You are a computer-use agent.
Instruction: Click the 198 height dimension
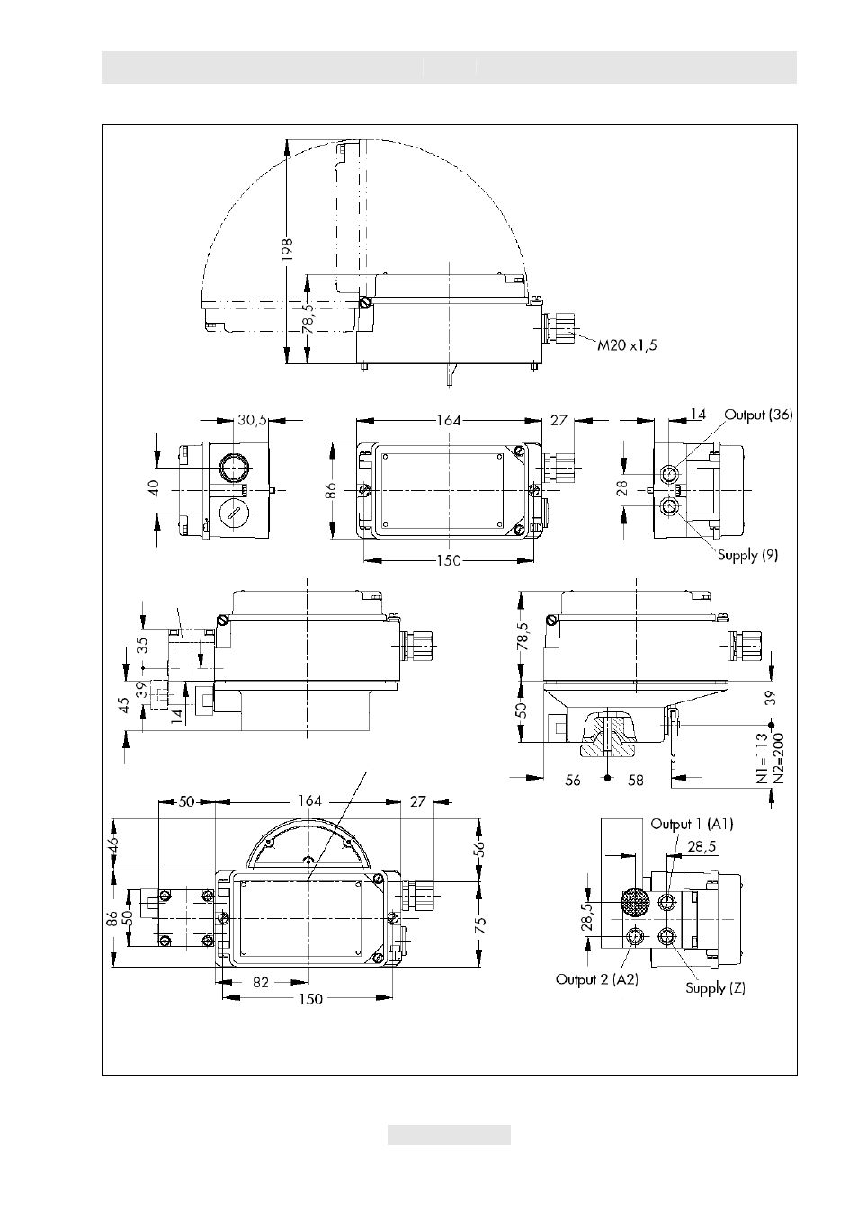click(287, 249)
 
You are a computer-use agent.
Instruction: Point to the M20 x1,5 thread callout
click(627, 345)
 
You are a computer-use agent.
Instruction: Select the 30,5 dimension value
click(252, 420)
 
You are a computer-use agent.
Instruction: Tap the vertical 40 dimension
click(154, 487)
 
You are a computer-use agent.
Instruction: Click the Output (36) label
click(758, 415)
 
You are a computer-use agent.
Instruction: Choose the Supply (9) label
click(747, 555)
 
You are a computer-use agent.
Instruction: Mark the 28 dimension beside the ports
click(621, 488)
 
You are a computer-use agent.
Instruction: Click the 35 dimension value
click(141, 645)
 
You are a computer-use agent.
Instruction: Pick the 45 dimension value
click(125, 705)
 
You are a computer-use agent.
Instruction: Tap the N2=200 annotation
click(778, 759)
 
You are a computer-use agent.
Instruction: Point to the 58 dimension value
click(636, 780)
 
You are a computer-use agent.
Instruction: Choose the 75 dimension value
click(480, 925)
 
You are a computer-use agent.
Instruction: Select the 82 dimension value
click(261, 982)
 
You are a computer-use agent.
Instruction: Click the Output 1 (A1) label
click(692, 825)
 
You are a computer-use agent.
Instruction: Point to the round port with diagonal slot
click(234, 513)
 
